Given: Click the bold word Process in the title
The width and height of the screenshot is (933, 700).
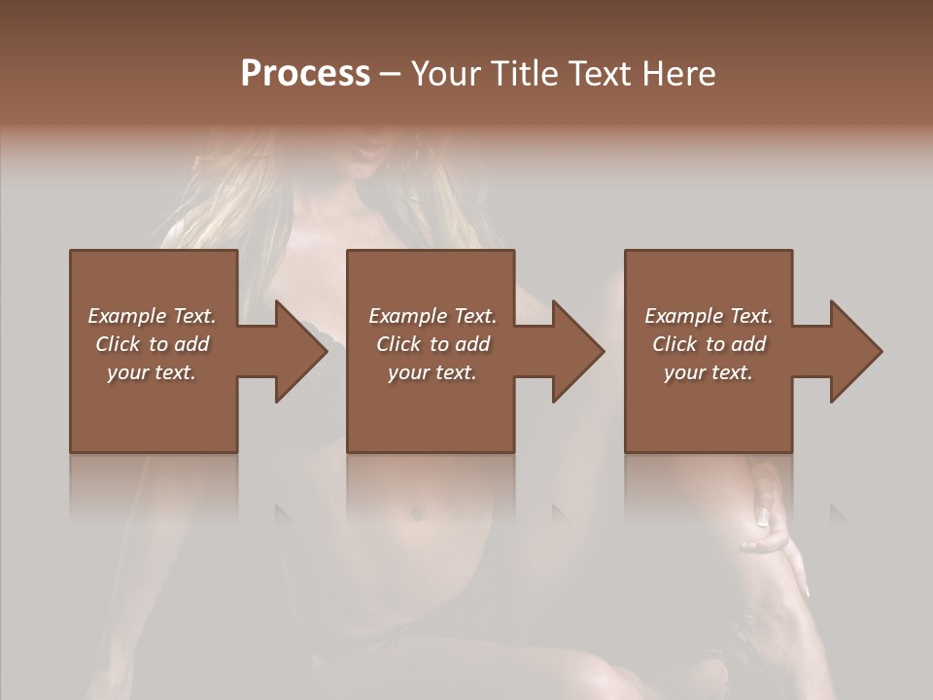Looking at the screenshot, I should [305, 74].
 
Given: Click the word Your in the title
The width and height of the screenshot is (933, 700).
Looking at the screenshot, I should [443, 74].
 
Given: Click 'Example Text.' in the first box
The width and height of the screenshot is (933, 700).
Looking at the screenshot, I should [152, 316].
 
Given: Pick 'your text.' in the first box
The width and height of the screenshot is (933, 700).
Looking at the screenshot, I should [152, 372].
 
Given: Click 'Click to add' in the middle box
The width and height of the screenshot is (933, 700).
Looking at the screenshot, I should [432, 344].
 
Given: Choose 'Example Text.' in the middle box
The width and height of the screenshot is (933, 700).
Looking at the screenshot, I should [432, 316].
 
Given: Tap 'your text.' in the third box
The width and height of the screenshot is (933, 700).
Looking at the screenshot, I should [708, 372].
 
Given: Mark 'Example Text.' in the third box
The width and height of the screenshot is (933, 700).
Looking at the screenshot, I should [708, 316].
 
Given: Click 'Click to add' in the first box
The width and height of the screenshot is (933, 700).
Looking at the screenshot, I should [152, 344].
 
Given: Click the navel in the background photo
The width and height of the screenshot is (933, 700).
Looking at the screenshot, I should [420, 510].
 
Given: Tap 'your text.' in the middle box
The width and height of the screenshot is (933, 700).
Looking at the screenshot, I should [432, 372].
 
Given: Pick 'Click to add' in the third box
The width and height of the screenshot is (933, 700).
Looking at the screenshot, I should [708, 344].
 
